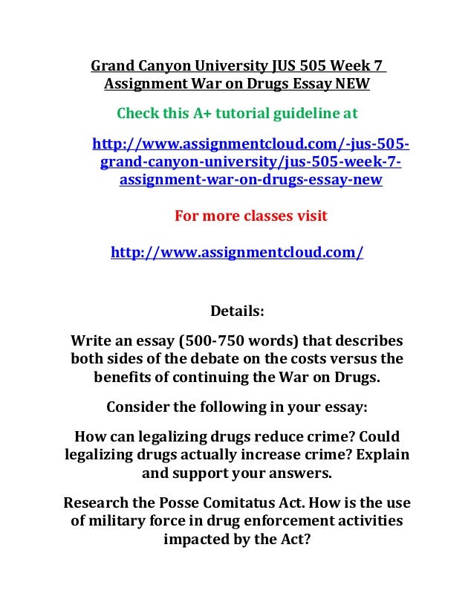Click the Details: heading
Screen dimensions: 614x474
(x=237, y=310)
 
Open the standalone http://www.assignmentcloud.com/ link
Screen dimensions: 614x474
(x=237, y=253)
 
